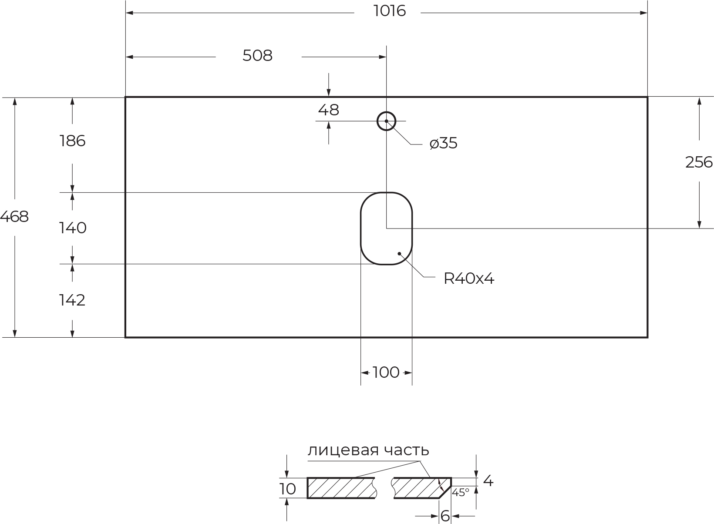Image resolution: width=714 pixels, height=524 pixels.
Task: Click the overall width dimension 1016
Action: coord(390,11)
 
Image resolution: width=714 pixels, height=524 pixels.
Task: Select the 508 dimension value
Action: coord(257,56)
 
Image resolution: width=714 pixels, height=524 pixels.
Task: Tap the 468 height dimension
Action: coord(14,217)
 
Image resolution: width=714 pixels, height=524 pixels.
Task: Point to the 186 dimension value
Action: coord(72,141)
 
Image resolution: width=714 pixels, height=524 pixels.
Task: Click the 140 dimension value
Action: coord(73,228)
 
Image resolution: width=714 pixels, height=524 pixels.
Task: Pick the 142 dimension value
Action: coord(72,300)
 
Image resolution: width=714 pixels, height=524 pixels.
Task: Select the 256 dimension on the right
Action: coord(699,162)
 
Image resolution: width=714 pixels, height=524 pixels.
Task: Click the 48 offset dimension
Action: coord(328,110)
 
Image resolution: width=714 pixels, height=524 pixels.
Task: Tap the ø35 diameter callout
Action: coord(444,143)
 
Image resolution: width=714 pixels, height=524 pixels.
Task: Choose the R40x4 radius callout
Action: coord(469,279)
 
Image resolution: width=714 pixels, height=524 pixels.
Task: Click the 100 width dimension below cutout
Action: coord(386,373)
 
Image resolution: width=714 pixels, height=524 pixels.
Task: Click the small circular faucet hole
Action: coord(386,121)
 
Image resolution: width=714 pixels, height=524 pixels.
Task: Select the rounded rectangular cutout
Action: coord(386,228)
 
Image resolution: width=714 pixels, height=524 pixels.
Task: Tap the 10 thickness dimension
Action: coord(288,489)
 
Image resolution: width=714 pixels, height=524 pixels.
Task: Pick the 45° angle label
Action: coord(461,493)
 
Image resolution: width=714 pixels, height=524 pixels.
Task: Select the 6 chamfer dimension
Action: coord(445,516)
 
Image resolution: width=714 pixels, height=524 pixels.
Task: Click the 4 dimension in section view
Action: coord(488,481)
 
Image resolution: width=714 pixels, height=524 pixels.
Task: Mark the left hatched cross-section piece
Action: coord(341,488)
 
